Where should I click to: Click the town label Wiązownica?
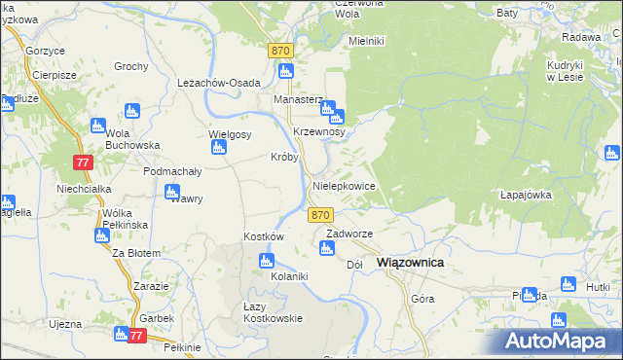[410, 263]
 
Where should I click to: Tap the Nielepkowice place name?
[343, 185]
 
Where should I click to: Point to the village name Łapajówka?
[526, 194]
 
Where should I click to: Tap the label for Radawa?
[581, 37]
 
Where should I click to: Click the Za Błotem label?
[135, 253]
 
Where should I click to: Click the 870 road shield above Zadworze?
[322, 214]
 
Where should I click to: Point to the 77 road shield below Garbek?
[135, 336]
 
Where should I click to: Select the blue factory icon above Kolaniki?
[266, 261]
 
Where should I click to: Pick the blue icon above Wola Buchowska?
[97, 125]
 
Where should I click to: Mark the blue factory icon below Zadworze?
[327, 249]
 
